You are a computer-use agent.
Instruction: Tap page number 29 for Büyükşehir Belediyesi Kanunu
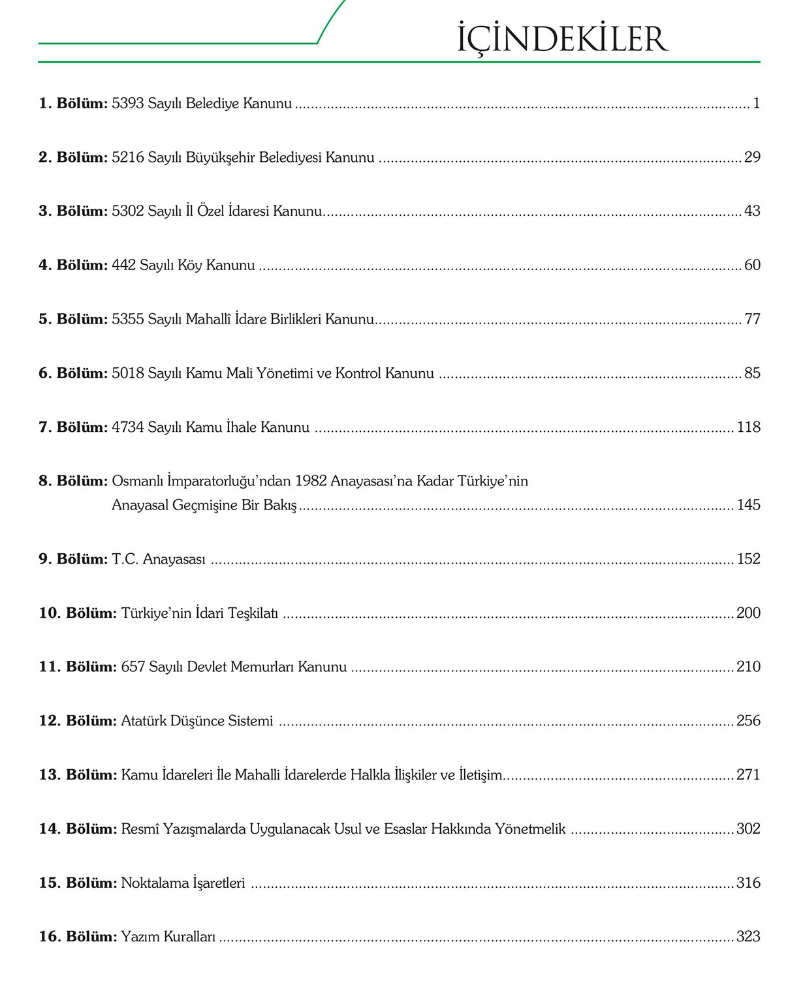752,157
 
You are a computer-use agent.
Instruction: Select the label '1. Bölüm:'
73,103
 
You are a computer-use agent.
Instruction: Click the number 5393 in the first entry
127,103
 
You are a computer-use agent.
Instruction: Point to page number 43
752,211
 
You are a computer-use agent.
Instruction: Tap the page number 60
752,266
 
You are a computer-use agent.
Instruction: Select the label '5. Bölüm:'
73,319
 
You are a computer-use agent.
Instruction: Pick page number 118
748,427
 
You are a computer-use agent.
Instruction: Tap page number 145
748,505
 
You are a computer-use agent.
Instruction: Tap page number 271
748,775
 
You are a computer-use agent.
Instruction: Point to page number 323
748,937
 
